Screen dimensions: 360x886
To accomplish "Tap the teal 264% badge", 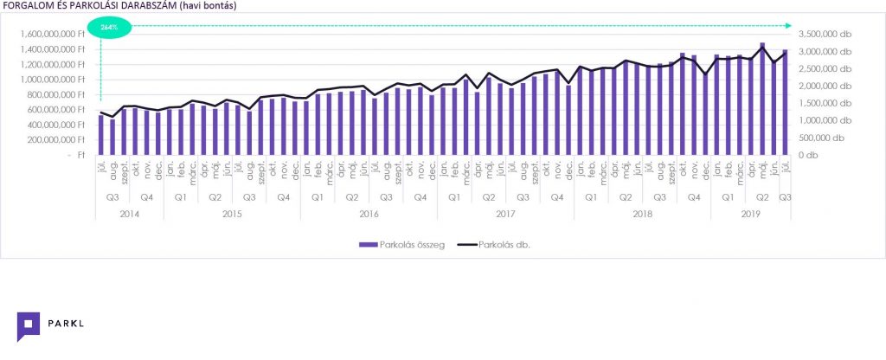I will [x=109, y=28].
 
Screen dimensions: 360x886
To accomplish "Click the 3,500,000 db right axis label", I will [x=828, y=34].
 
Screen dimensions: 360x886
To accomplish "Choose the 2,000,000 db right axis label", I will [x=828, y=86].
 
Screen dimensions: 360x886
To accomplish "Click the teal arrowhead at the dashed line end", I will [x=787, y=27].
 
